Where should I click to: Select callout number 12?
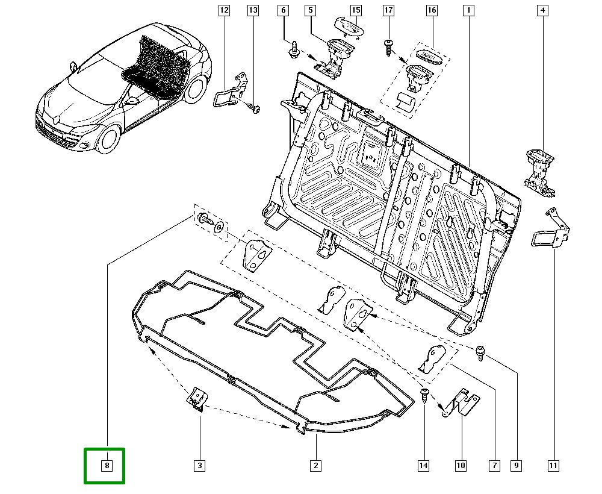tap(224, 10)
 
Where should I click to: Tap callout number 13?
tap(253, 10)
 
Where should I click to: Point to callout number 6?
tap(283, 10)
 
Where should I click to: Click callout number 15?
tap(356, 10)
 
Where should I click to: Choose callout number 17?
tap(388, 10)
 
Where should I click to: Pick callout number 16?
tap(431, 10)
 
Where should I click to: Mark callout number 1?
tap(468, 10)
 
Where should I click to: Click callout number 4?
tap(542, 10)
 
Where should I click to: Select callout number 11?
tap(553, 465)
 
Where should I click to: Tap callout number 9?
tap(517, 465)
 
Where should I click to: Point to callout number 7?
tap(494, 465)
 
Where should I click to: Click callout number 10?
tap(461, 465)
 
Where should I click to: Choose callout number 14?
tap(424, 465)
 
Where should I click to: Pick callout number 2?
tap(315, 465)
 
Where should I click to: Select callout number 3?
tap(199, 465)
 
